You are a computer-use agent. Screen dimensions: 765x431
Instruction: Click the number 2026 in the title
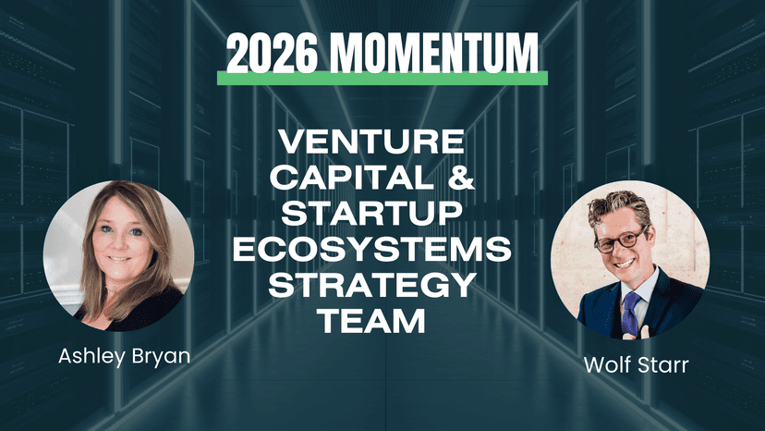[x=272, y=54]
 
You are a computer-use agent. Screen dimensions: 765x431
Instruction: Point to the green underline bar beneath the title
[x=382, y=79]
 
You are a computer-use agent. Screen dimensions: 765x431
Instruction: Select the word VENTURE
[x=371, y=142]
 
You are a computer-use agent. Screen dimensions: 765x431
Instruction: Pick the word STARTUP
[x=371, y=213]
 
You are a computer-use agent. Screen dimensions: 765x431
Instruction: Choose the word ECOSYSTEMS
[x=371, y=248]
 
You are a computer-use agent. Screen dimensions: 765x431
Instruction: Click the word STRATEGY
[x=371, y=284]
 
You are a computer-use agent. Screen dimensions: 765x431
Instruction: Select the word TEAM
[x=371, y=320]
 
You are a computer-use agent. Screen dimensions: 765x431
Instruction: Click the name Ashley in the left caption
[x=91, y=356]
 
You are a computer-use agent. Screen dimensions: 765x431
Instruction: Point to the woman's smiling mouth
[x=119, y=258]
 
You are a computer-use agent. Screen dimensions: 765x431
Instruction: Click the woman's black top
[x=133, y=310]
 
